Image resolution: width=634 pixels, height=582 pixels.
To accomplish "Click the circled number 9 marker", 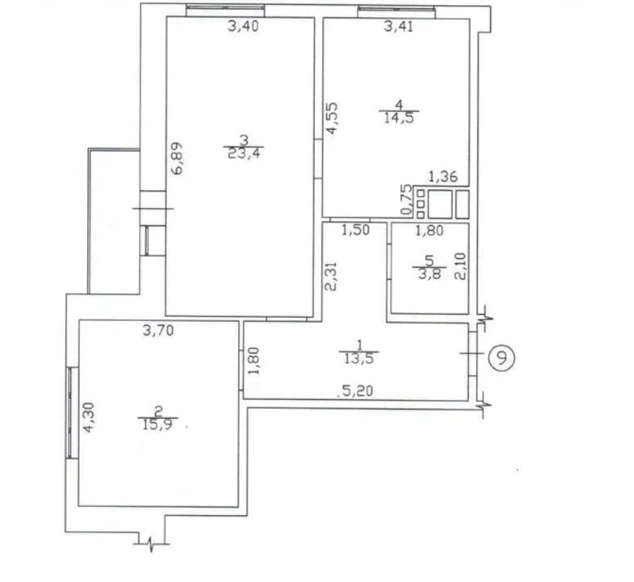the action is (501, 358).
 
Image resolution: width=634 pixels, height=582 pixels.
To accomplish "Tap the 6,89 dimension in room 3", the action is (177, 158).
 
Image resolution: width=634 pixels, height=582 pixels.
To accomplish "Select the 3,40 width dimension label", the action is (243, 26).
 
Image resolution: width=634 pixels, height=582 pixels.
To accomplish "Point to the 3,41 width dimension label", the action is (399, 26).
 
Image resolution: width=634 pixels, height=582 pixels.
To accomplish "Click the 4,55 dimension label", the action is (332, 118).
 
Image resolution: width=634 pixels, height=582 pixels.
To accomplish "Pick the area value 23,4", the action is (244, 153).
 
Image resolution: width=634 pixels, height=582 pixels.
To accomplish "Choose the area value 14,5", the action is (399, 118).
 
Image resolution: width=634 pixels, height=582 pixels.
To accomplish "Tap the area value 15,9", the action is (157, 425).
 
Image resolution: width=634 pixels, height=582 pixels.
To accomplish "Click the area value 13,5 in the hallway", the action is (359, 358).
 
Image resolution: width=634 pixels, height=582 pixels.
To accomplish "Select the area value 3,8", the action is (429, 274).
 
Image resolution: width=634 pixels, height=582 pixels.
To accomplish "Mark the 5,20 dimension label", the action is (358, 391).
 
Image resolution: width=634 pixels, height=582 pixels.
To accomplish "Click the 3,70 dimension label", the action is (158, 330).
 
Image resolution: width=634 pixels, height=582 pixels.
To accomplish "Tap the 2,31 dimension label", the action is (331, 276).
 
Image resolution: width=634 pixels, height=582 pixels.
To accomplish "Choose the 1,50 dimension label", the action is (355, 230).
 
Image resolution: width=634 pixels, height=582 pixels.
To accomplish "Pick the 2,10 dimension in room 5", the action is (461, 266).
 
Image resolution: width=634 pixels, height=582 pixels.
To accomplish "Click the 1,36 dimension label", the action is (442, 177).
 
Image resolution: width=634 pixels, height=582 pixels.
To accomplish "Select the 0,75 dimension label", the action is (406, 200).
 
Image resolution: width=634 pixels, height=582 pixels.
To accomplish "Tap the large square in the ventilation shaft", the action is (440, 204).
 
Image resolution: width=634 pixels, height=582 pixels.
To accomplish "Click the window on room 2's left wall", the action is (72, 412).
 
